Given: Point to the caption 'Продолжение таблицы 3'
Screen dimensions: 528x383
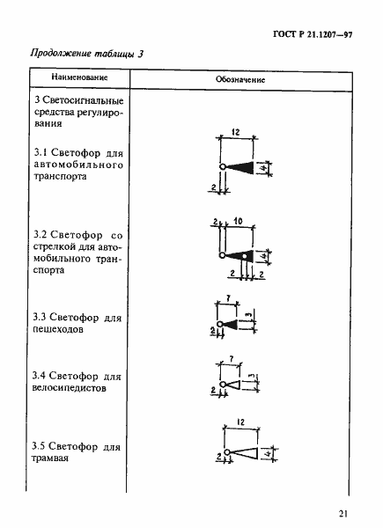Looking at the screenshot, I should pyautogui.click(x=86, y=54).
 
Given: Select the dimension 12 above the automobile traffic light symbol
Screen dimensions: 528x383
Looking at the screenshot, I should pyautogui.click(x=235, y=132).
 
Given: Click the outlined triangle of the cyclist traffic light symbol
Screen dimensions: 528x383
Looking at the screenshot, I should pyautogui.click(x=231, y=385).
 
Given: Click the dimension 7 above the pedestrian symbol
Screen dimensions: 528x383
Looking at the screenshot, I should pyautogui.click(x=228, y=300).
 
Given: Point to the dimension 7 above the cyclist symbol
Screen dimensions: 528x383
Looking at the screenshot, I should pyautogui.click(x=228, y=359).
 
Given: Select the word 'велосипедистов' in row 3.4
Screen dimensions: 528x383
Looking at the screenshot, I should pyautogui.click(x=67, y=386).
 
